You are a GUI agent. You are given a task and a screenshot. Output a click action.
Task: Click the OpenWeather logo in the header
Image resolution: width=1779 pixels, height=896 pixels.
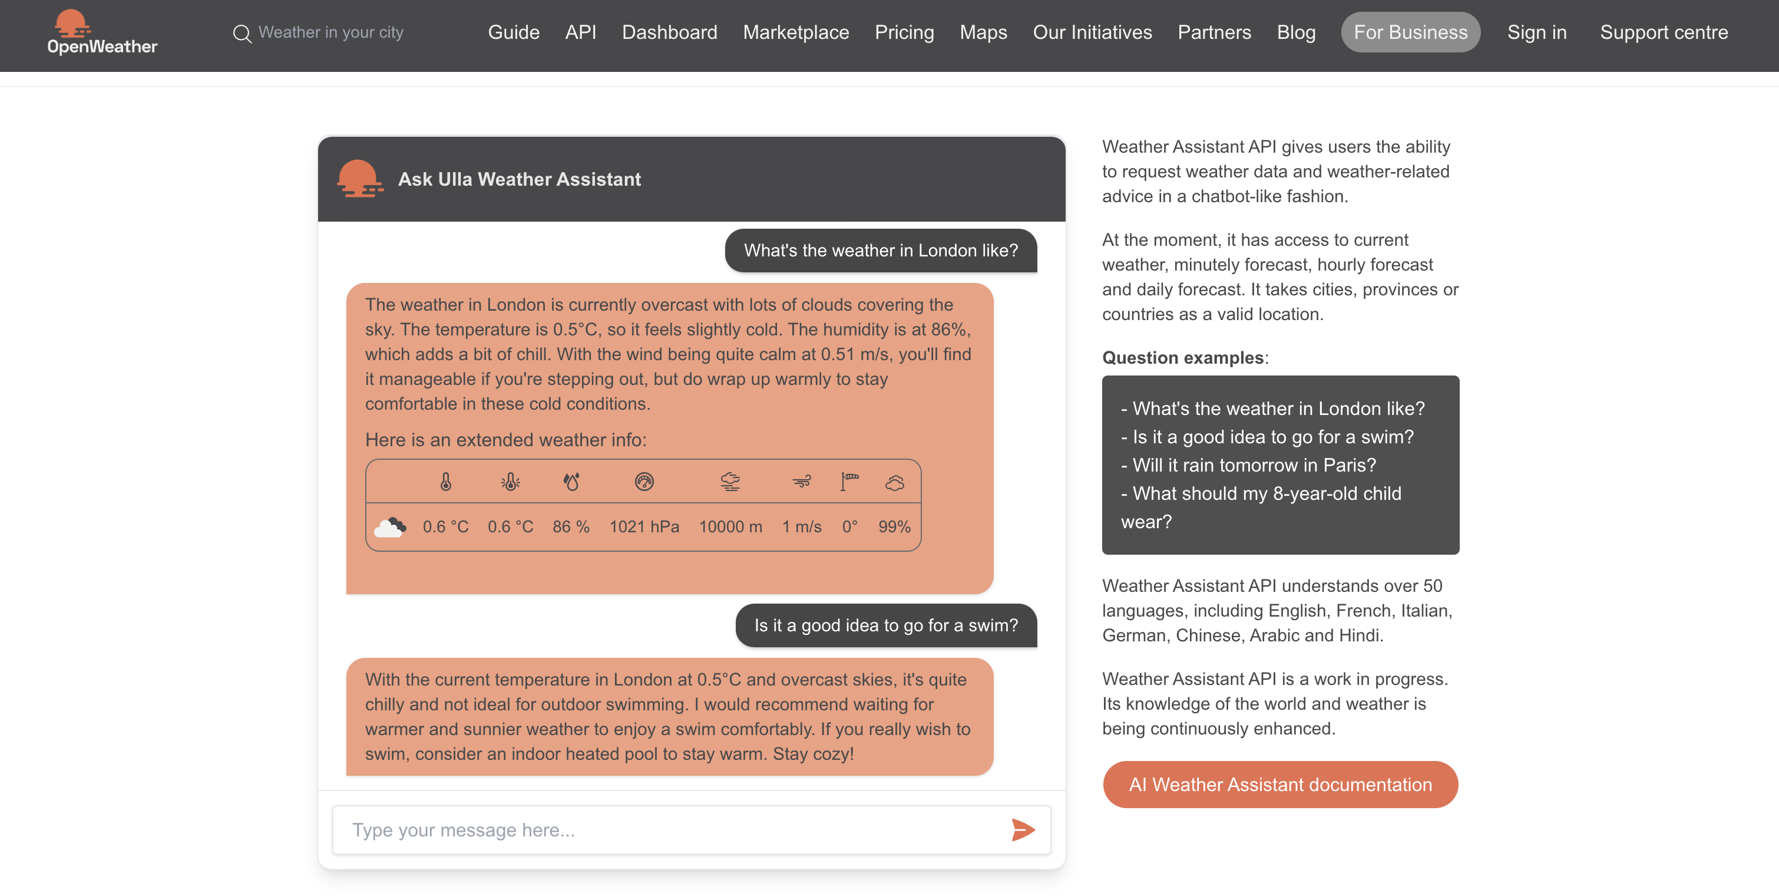[101, 32]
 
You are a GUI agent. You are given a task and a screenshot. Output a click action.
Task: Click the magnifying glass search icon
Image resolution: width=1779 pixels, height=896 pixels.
[242, 33]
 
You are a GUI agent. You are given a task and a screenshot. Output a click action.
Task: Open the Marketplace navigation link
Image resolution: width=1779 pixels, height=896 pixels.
[796, 32]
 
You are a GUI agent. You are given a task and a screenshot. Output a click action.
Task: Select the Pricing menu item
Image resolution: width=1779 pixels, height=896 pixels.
[904, 32]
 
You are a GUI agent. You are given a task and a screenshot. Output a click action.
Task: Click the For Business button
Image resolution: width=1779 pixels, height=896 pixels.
[1410, 32]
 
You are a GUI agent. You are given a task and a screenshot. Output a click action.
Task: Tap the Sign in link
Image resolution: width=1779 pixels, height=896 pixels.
[1537, 32]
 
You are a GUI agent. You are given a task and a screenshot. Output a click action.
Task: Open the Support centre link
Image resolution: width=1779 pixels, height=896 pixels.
[1664, 32]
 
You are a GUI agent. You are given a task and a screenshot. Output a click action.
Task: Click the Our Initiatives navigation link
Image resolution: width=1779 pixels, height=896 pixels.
[1092, 32]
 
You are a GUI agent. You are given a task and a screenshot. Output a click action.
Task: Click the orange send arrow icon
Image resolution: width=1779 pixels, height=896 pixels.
[1022, 829]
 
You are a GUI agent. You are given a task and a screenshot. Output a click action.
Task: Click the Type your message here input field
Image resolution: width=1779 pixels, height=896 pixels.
[663, 829]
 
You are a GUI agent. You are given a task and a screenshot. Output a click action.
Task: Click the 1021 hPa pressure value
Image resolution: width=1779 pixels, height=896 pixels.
[644, 526]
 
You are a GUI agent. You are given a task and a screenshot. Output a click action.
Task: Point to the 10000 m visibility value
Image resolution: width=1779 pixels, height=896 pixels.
[730, 526]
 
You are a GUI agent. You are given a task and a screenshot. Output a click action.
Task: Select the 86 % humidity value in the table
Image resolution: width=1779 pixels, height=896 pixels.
[570, 526]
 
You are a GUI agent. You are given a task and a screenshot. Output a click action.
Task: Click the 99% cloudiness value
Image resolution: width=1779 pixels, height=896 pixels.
[894, 526]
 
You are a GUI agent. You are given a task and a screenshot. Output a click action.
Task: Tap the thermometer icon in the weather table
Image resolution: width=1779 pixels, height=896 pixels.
[445, 482]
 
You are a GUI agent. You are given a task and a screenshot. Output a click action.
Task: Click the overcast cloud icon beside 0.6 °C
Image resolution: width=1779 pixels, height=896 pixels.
[390, 527]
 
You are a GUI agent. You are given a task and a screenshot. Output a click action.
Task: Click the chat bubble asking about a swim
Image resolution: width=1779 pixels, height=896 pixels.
[885, 625]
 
